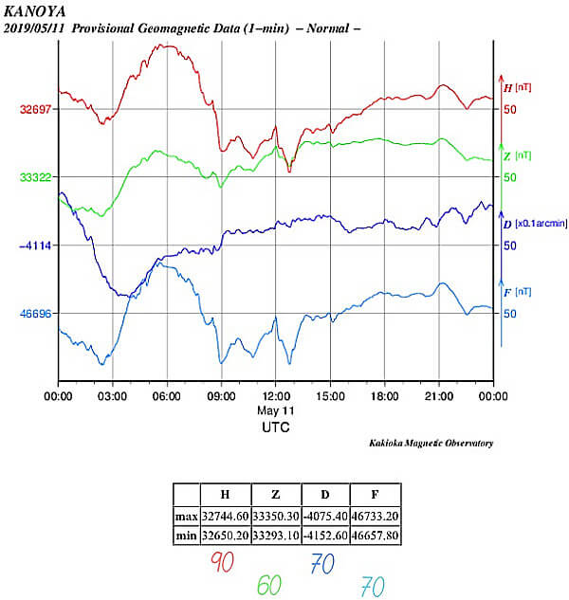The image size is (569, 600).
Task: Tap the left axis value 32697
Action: coord(36,109)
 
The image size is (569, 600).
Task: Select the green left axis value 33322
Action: coord(36,177)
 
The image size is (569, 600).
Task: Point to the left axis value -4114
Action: coord(36,245)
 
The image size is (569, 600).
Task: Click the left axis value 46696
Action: coord(36,314)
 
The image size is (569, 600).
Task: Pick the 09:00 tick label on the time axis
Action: coord(222,395)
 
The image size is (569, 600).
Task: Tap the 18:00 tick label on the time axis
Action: coord(384,395)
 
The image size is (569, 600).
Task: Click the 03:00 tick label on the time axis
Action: coord(113,395)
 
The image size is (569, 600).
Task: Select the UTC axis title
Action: coord(275,427)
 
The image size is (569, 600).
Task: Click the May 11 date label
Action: coord(275,410)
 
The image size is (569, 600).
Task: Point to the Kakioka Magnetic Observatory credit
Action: coord(431,444)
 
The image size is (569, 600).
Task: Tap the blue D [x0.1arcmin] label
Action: coord(533,225)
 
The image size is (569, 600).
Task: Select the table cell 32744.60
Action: coord(226,517)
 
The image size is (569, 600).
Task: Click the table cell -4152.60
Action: coord(324,536)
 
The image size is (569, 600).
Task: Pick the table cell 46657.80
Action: coord(375,536)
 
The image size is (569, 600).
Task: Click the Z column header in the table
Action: coord(275,495)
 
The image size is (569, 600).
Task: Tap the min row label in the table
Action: coord(187,536)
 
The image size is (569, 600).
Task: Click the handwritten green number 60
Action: coord(270,586)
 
